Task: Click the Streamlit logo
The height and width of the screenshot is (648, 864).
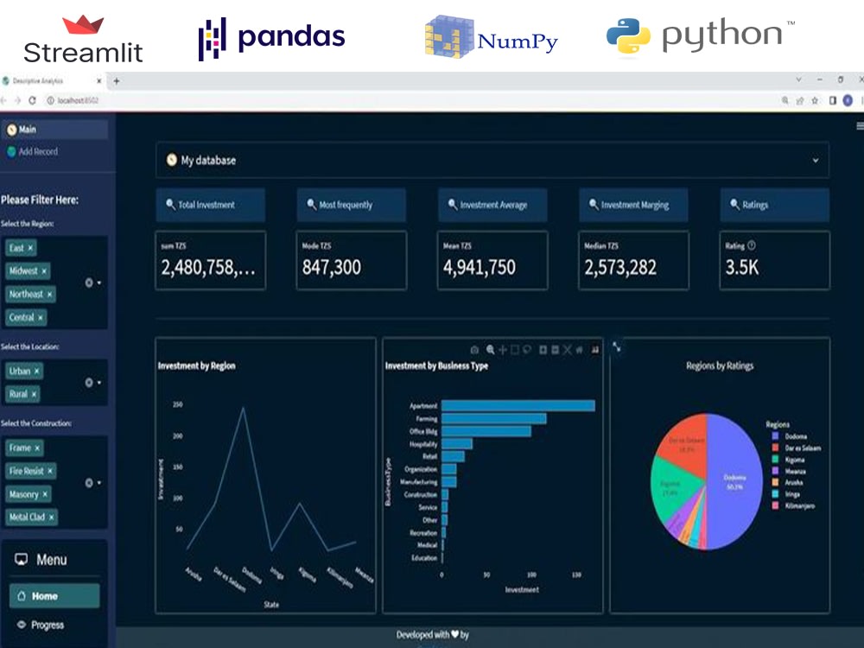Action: [x=83, y=40]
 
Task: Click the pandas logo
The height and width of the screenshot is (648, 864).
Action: [x=271, y=37]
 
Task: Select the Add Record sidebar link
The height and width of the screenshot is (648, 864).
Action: [x=37, y=151]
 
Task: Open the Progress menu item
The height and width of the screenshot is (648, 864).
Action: [x=47, y=625]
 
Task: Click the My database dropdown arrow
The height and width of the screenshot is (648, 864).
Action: [x=815, y=161]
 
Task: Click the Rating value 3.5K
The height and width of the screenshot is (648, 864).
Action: [x=742, y=268]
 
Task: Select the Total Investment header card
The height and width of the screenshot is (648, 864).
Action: [x=210, y=205]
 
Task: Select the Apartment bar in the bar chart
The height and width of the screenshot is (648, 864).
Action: [x=517, y=405]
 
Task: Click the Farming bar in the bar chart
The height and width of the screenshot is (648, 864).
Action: [x=492, y=418]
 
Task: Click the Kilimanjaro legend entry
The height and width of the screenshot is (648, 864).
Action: [x=799, y=505]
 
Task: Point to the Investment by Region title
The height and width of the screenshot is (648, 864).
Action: [x=197, y=366]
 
